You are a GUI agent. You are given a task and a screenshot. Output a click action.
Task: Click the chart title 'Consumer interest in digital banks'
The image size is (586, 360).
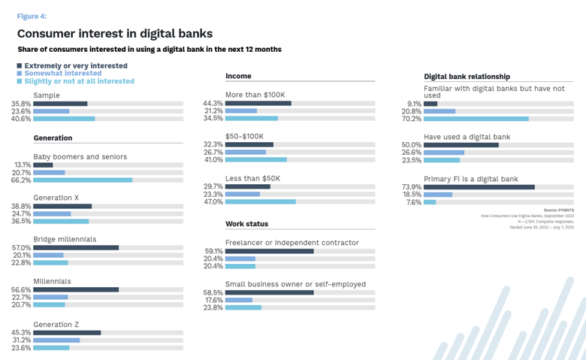pos(114,34)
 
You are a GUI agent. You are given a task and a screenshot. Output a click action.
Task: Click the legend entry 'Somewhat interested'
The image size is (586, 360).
pos(63,74)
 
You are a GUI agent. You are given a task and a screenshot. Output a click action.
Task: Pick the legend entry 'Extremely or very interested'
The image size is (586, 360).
pos(75,66)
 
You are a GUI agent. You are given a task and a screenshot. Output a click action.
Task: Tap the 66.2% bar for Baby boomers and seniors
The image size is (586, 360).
pos(83,180)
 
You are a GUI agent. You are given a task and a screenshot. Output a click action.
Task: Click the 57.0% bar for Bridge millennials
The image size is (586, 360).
pos(76,247)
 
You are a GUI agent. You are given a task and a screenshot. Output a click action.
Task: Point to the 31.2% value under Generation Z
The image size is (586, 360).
pos(21,340)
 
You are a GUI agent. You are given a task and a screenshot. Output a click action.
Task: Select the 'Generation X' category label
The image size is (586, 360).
pos(57,197)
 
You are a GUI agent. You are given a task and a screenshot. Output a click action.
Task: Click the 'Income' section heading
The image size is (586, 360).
pos(238,76)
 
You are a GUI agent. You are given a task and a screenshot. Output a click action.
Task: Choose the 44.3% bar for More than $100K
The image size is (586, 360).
pos(258,103)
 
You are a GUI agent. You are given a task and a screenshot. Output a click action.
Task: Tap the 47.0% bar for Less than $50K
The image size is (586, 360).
pos(260,201)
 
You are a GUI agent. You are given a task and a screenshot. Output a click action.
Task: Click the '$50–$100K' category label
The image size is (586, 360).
pos(244,136)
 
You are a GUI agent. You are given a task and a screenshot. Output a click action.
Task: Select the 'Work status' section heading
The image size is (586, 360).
pos(246,224)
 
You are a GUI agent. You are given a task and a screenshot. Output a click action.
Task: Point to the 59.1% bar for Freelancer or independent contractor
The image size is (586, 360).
pos(269,251)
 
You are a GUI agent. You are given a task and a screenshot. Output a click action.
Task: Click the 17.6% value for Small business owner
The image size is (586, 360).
pos(213,300)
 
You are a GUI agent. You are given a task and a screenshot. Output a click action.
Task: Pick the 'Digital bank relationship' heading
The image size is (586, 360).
pos(467,77)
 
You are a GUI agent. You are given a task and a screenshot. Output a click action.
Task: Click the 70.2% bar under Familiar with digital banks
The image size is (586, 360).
pos(476,119)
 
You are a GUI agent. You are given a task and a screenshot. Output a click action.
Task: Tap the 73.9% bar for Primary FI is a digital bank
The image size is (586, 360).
pos(479,187)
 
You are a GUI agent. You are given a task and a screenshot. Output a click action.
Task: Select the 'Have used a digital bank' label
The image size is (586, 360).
pos(467,136)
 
